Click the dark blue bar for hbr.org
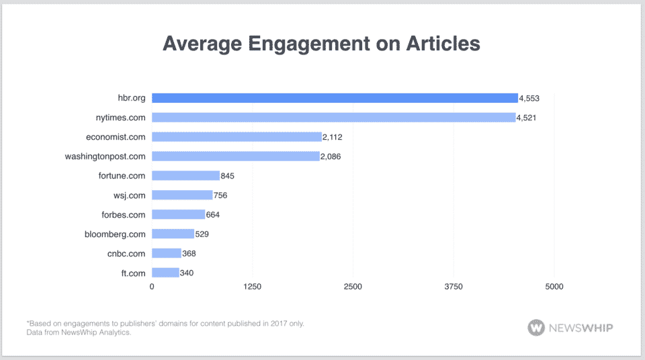[x=335, y=98]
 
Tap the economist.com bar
[x=236, y=137]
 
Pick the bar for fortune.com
[x=185, y=176]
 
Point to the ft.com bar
[x=165, y=273]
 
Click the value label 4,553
[x=529, y=98]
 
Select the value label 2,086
[x=331, y=156]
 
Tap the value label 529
[x=203, y=234]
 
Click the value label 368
[x=189, y=254]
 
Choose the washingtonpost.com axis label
[x=105, y=156]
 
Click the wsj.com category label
[x=130, y=195]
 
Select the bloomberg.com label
[x=116, y=234]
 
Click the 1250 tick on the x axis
[x=252, y=287]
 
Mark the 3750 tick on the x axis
[x=454, y=287]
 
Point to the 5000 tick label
[x=554, y=287]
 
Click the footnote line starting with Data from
[x=75, y=332]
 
